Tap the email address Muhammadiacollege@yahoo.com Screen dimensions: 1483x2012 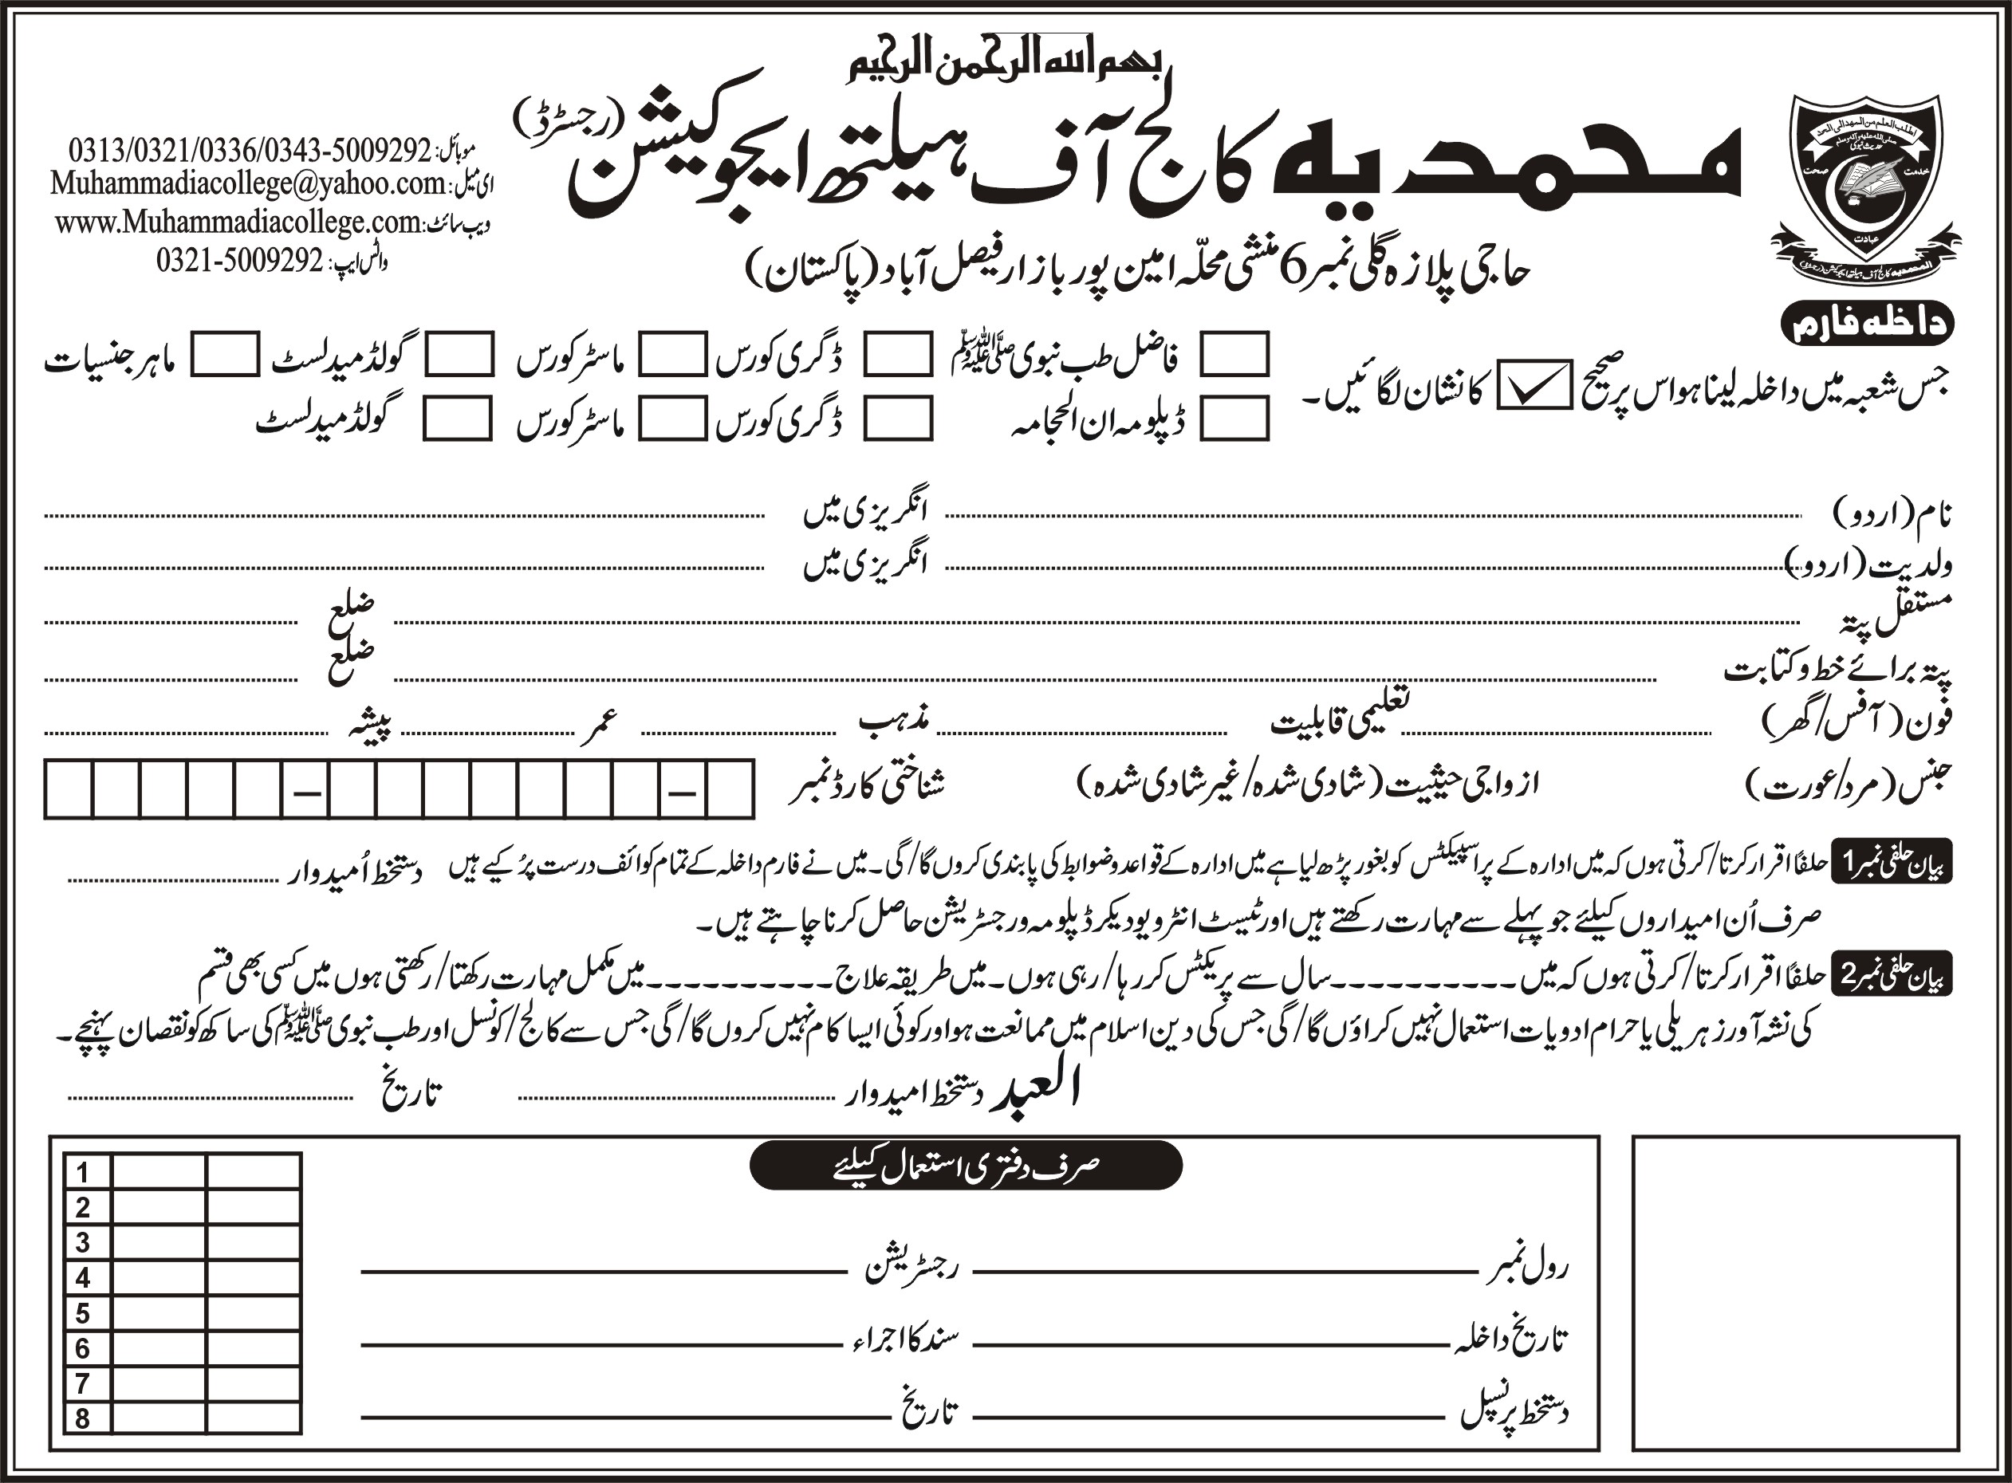(248, 184)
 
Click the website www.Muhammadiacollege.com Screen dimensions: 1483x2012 (238, 222)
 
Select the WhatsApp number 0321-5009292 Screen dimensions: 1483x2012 (238, 261)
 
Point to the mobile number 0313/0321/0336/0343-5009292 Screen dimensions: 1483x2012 (250, 149)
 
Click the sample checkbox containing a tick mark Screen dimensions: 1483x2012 (1533, 385)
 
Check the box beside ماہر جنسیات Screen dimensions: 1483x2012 (226, 354)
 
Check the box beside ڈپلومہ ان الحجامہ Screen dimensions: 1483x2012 (1234, 418)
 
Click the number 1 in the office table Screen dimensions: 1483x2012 (84, 1172)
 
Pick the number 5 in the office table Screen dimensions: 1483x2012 (84, 1314)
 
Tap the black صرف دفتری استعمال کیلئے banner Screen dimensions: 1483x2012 (965, 1165)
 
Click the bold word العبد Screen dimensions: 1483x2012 (1033, 1090)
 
